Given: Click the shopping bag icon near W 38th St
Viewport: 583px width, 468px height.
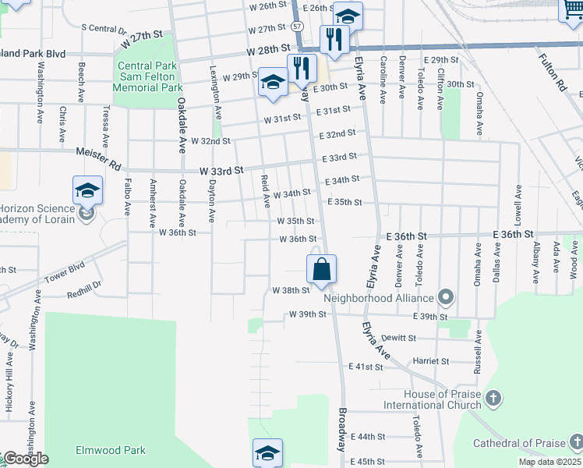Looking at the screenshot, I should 321,270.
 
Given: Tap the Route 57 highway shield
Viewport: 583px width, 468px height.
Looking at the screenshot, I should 298,26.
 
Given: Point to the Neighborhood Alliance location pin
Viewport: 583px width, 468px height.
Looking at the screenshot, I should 446,297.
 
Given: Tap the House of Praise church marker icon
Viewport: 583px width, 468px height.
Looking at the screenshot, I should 493,399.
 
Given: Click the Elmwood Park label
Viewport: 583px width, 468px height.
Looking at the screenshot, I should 111,450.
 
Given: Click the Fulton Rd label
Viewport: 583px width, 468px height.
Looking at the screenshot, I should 552,73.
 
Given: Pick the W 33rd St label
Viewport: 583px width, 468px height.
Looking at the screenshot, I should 221,170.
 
